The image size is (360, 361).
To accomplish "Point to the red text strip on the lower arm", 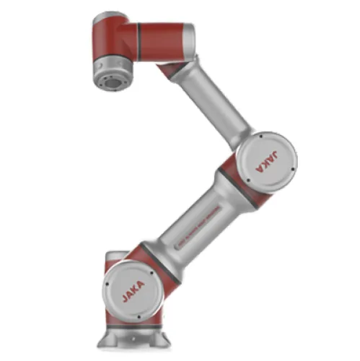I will pyautogui.click(x=195, y=231).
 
